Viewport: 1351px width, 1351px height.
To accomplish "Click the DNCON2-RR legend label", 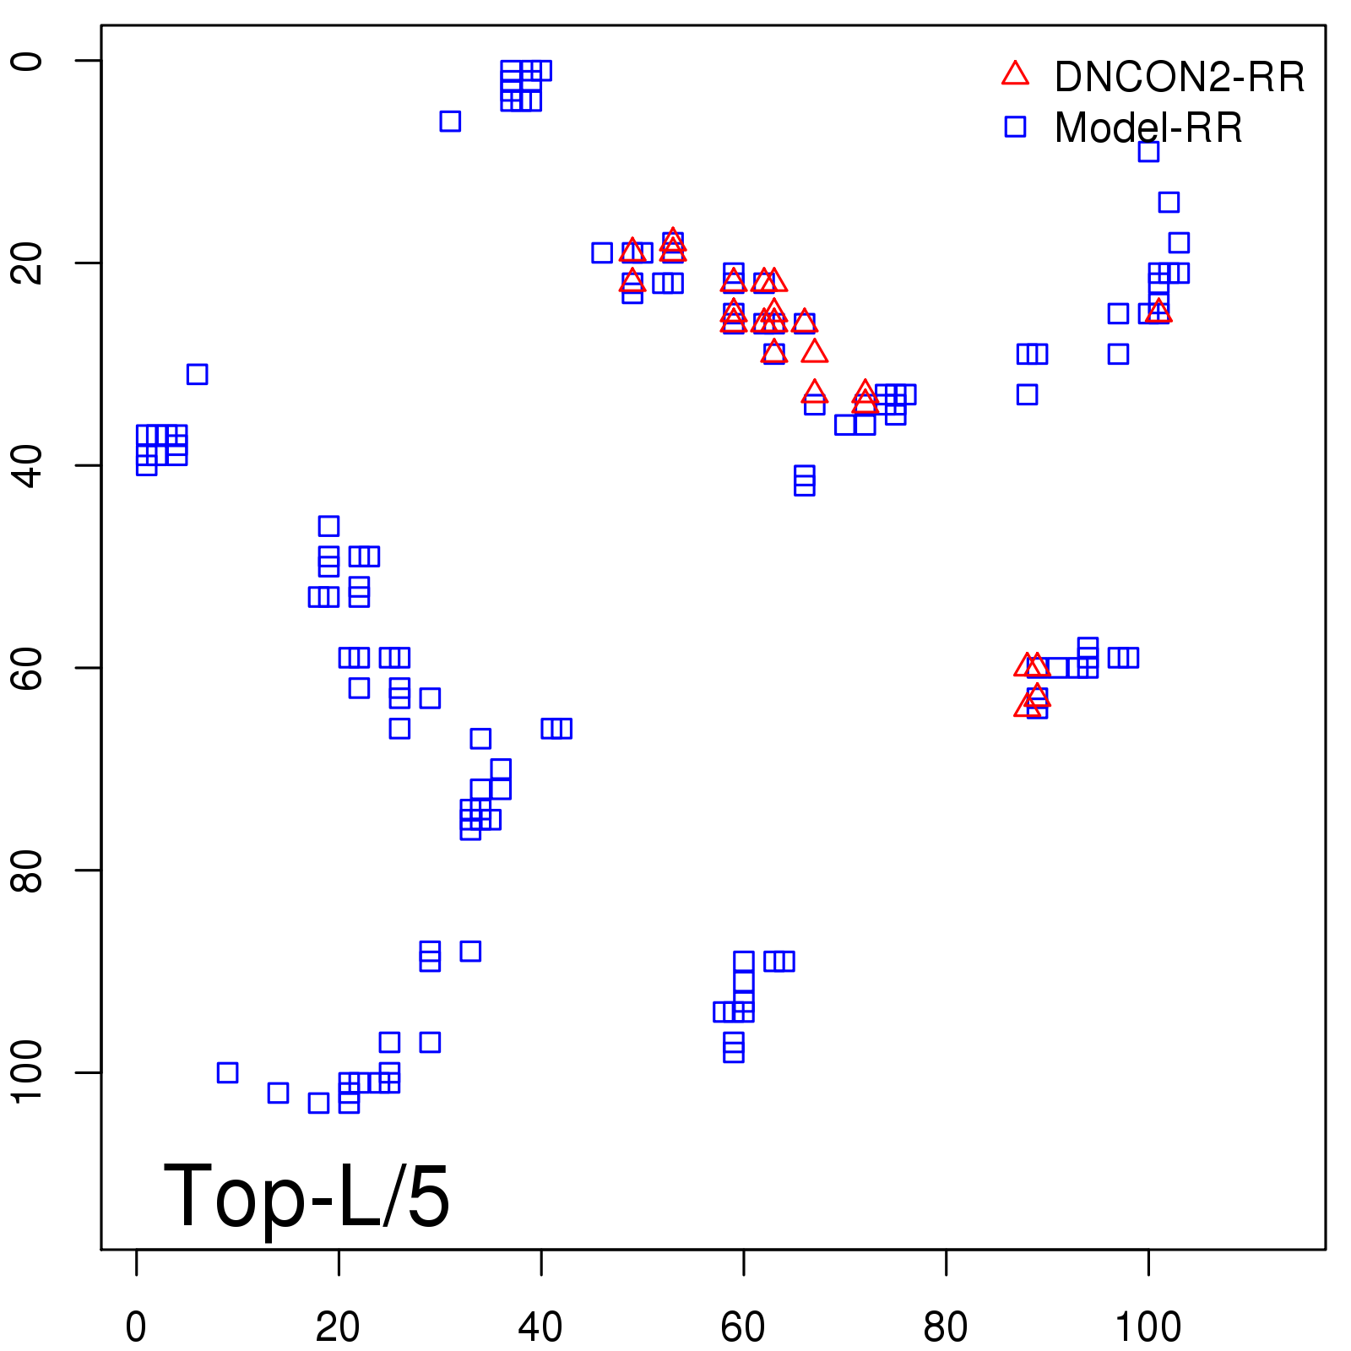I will click(x=1179, y=78).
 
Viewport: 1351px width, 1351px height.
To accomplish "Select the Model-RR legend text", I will click(x=1148, y=128).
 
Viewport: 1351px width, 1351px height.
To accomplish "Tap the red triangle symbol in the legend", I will click(x=1015, y=74).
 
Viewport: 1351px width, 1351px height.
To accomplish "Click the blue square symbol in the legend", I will click(x=1015, y=127).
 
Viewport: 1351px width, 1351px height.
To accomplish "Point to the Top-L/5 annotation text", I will click(x=307, y=1196).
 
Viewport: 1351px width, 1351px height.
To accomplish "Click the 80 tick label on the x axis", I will click(x=946, y=1327).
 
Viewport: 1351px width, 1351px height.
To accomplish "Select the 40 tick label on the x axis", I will click(x=540, y=1327).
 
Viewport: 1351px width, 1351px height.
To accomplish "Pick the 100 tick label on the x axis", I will click(x=1148, y=1327).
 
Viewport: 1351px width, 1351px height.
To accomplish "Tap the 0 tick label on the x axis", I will click(x=136, y=1327).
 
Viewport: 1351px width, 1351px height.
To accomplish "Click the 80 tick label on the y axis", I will click(x=28, y=870).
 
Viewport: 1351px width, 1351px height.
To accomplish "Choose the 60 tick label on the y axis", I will click(x=28, y=667).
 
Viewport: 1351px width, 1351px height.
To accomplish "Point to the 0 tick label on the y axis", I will click(x=28, y=61).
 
